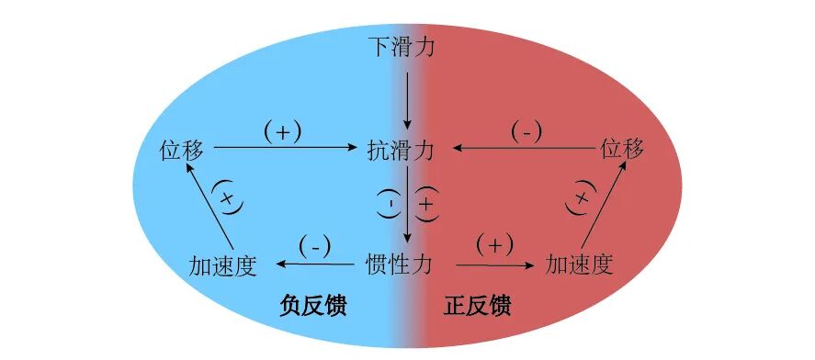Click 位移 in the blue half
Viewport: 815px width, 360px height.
point(181,149)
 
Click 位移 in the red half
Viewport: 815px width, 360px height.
point(622,149)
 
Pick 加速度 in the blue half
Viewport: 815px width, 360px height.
point(223,264)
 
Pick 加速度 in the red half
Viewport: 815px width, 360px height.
point(579,264)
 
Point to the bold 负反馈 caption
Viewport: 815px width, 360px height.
point(313,306)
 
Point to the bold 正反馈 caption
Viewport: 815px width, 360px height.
point(477,306)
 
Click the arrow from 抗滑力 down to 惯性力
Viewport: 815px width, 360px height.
point(408,205)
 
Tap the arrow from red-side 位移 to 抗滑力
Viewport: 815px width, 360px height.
point(524,148)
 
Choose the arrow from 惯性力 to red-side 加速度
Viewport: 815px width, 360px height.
point(495,264)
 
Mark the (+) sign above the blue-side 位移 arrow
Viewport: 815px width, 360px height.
point(282,133)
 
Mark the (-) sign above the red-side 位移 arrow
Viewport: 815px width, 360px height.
point(526,133)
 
